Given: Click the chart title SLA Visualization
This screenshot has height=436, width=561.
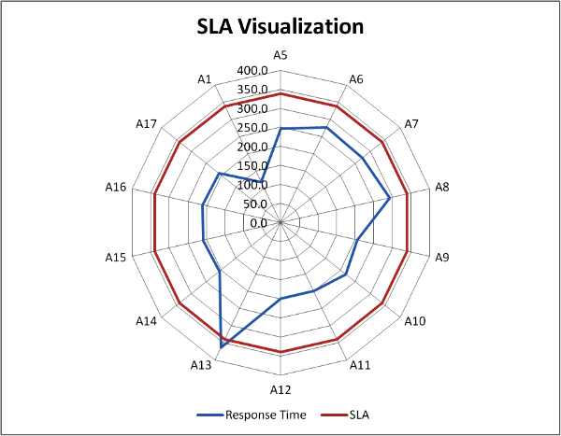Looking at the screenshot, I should point(280,26).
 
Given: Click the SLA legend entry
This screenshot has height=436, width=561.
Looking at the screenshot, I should point(350,415).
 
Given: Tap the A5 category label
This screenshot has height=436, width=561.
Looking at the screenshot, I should point(280,56).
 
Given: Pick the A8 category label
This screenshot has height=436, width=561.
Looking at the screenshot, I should point(442,187).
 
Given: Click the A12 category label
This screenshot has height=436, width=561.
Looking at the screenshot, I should point(280,388).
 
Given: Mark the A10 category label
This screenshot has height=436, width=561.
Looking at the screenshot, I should point(415,321).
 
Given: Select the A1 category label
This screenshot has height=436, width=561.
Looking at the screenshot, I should point(206,79).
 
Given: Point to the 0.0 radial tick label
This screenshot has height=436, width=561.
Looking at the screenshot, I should point(259,223).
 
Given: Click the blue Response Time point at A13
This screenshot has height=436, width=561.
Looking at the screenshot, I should point(222,346).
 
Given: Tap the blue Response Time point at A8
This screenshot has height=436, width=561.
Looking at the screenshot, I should point(390,198).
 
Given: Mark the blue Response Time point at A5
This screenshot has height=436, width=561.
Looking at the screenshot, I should point(280,129).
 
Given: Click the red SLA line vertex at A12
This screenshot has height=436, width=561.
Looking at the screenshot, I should point(280,352).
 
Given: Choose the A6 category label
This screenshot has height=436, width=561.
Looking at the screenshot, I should point(355,79).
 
